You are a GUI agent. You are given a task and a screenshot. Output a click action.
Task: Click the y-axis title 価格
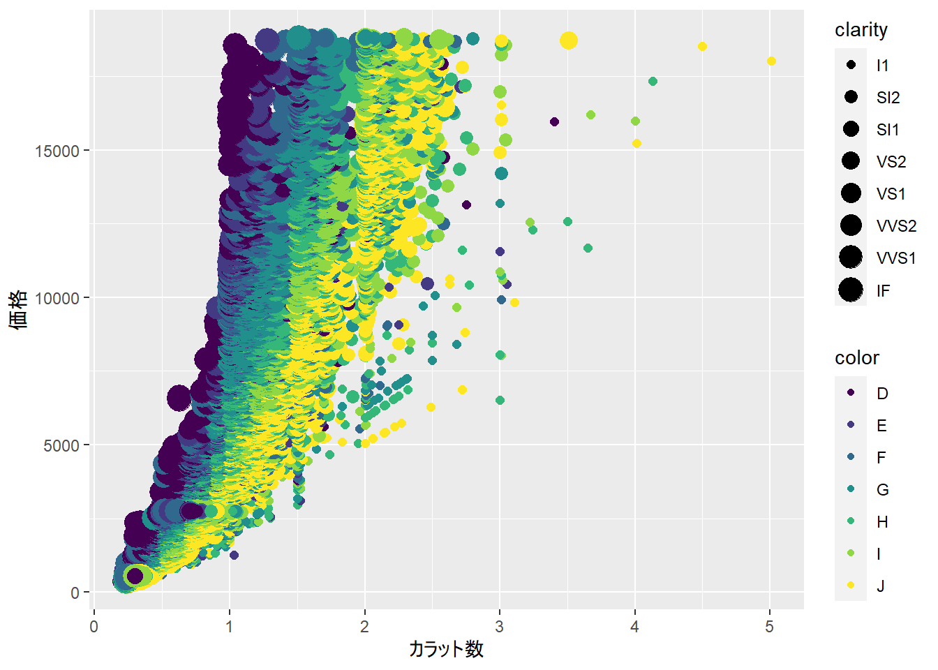coord(20,309)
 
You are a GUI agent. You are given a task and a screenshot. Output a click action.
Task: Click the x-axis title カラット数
coord(446,649)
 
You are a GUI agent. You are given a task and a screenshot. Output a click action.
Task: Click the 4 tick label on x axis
coord(634,627)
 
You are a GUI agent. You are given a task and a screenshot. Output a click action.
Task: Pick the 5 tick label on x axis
coord(769,627)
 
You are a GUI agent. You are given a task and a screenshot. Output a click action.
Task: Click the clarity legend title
coord(861,30)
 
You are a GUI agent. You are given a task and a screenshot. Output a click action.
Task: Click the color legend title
coord(857,358)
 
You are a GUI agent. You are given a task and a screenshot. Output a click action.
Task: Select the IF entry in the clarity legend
coord(883,290)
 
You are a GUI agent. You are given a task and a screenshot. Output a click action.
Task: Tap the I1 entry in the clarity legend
coord(882,66)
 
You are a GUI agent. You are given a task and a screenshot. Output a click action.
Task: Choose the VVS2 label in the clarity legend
coord(896,226)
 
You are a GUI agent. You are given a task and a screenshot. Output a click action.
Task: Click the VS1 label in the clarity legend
coord(891,194)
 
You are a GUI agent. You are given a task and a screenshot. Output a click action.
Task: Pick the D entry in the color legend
coord(882,394)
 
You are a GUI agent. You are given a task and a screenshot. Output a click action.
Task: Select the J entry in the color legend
coord(881,586)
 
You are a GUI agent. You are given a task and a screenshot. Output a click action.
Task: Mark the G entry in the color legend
coord(882,490)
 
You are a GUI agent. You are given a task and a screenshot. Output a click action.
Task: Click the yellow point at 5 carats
coord(771,61)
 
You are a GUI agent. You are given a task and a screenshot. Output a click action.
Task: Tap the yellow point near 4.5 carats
coord(702,47)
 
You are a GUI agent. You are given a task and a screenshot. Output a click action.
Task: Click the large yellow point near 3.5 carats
coord(569,40)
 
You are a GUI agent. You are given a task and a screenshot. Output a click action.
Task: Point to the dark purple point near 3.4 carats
coord(555,122)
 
